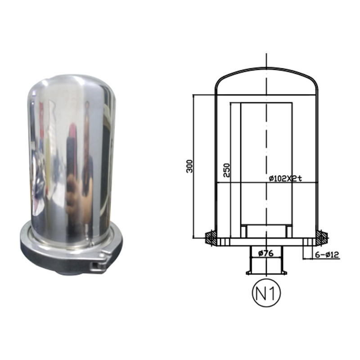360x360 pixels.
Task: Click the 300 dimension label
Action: click(189, 166)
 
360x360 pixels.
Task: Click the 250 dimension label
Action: click(226, 170)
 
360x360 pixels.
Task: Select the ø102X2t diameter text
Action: click(285, 178)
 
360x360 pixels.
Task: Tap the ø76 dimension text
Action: click(266, 253)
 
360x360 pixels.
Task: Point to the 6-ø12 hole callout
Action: click(327, 255)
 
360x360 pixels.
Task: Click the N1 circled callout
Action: click(266, 293)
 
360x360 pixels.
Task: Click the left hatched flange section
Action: click(211, 238)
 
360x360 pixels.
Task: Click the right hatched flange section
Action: click(322, 238)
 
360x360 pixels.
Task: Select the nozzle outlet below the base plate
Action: click(266, 260)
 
